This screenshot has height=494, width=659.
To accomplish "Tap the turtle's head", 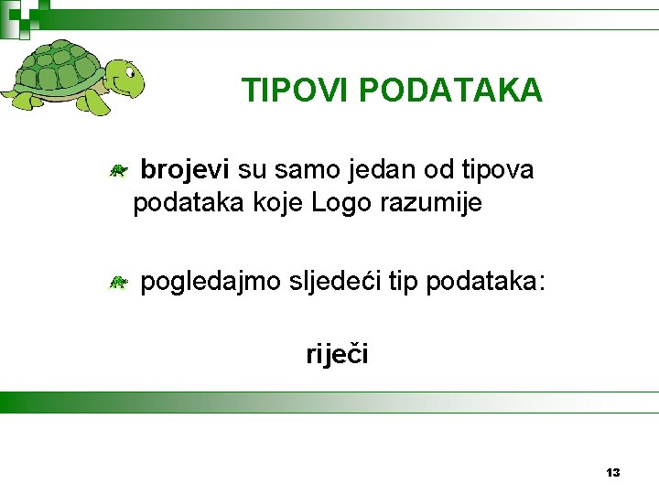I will point(124,77).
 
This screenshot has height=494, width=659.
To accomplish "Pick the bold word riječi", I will point(337,353).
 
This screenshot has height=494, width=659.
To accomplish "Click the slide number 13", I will point(613,472).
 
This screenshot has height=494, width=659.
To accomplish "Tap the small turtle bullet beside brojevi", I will point(117,169).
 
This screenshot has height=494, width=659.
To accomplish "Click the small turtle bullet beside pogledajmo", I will point(117,283).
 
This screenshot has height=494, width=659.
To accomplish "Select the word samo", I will point(306,169).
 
